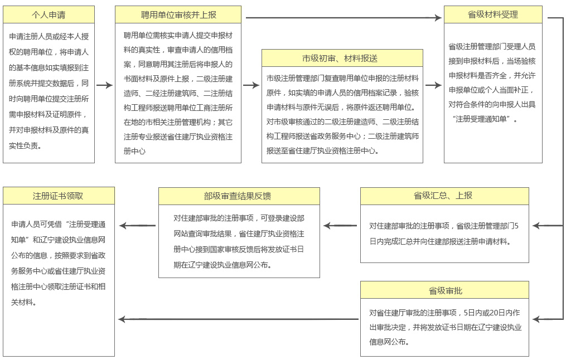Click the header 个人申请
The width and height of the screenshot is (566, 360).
(49, 14)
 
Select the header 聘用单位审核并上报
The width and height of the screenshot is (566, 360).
(178, 14)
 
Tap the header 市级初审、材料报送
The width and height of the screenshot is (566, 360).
(342, 58)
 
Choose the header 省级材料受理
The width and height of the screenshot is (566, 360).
(493, 14)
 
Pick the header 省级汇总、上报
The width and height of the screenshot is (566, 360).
(444, 196)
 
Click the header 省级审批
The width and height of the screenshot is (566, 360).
(444, 290)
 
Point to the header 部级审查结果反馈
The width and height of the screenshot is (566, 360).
(239, 196)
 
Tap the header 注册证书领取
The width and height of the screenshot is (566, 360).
(59, 196)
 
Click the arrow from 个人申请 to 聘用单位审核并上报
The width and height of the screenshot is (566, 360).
(104, 85)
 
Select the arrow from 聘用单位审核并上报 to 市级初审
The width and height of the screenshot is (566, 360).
(251, 85)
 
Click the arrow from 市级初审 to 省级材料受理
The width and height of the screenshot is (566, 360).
(433, 85)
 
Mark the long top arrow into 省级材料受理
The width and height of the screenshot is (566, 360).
(343, 18)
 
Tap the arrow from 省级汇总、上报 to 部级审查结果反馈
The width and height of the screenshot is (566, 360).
(340, 226)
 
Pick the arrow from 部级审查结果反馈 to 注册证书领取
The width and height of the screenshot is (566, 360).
(137, 226)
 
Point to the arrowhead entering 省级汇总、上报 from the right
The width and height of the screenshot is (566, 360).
(536, 226)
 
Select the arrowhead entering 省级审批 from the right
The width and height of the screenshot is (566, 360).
(536, 319)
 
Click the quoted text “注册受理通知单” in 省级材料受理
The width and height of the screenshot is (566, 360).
(485, 119)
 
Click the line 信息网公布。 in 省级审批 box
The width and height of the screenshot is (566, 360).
(390, 342)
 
